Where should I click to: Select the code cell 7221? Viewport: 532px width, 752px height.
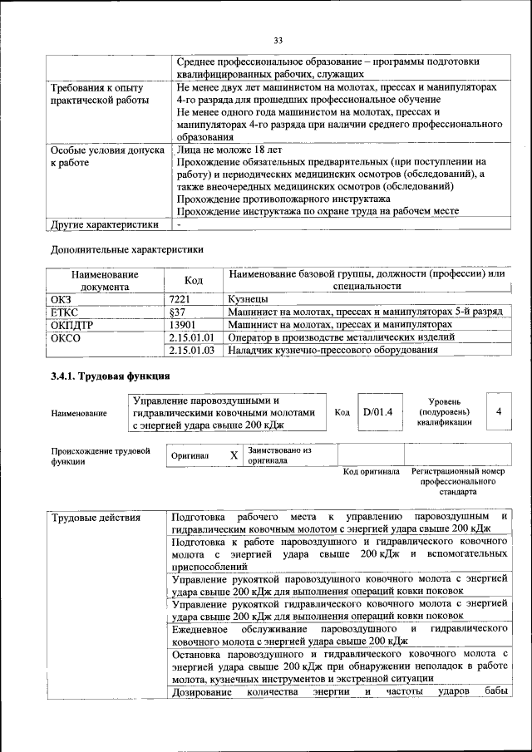click(181, 297)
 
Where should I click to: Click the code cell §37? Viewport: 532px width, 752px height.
click(177, 311)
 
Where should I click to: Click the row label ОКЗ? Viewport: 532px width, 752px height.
click(63, 297)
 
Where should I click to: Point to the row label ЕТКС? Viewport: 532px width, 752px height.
click(66, 311)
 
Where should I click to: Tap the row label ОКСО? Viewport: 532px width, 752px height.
click(66, 337)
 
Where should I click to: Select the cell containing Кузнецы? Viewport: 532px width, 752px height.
click(247, 297)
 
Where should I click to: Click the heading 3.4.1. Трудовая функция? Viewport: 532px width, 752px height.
click(103, 377)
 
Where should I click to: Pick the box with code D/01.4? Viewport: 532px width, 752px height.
click(377, 411)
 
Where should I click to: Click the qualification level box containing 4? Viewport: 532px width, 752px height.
click(498, 411)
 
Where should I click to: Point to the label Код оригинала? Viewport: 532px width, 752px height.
click(371, 472)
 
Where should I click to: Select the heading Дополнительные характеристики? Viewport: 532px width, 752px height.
click(126, 248)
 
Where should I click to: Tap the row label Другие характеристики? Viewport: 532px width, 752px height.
click(104, 224)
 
